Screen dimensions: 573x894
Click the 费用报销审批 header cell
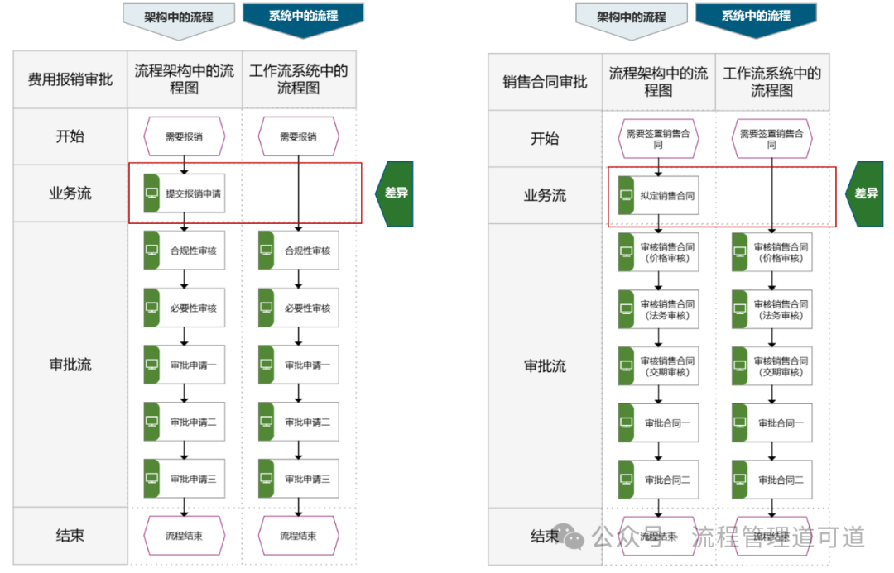(x=70, y=79)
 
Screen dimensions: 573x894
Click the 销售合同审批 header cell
(x=545, y=82)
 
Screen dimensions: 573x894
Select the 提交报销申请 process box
(x=184, y=193)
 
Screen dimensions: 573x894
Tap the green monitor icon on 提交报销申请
(x=151, y=193)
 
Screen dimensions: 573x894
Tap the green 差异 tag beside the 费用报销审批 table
(x=396, y=193)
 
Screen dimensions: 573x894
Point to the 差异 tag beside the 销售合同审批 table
(x=865, y=193)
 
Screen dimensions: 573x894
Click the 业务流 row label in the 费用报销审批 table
(x=70, y=193)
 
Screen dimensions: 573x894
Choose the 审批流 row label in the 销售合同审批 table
(x=545, y=365)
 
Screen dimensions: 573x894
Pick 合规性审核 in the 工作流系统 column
(x=298, y=251)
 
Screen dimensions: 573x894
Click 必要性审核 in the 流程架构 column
(x=184, y=308)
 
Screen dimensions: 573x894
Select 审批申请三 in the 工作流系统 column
(x=298, y=479)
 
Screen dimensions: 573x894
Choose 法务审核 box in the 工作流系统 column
(x=771, y=309)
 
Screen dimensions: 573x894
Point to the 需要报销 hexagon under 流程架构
(x=184, y=136)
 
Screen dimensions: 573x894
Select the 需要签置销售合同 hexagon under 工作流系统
(x=771, y=138)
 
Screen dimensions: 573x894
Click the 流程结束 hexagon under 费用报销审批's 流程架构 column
(x=184, y=536)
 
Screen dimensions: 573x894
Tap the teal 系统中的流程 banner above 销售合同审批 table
(x=755, y=16)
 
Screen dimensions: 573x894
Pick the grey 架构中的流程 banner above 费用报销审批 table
(x=178, y=17)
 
